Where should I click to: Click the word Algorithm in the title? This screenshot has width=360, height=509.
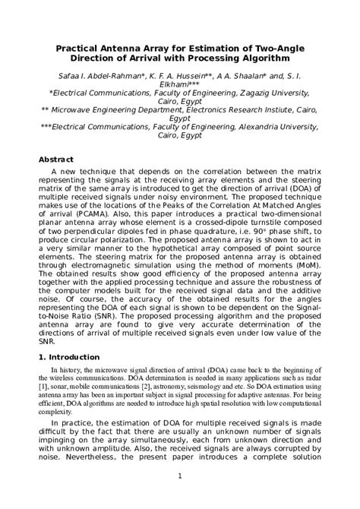(263, 58)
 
